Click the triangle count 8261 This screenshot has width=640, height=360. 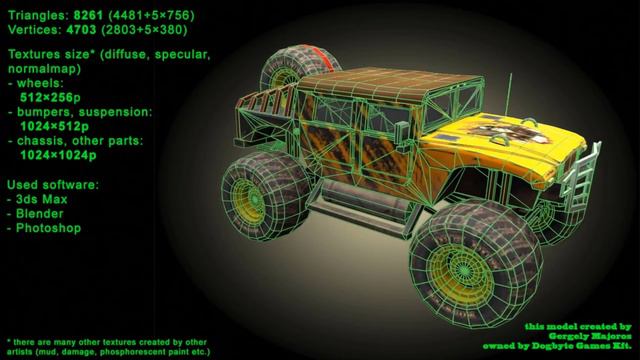pyautogui.click(x=88, y=16)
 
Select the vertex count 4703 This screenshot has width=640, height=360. pyautogui.click(x=81, y=30)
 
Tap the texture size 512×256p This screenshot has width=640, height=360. pyautogui.click(x=50, y=98)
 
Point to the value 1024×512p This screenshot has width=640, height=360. pyautogui.click(x=54, y=127)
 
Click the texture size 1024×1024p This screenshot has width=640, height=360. pyautogui.click(x=58, y=155)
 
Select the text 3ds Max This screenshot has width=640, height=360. pyautogui.click(x=42, y=199)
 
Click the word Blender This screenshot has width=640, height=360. pyautogui.click(x=40, y=213)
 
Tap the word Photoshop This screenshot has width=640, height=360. pyautogui.click(x=48, y=228)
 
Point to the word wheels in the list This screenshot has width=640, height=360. pyautogui.click(x=40, y=83)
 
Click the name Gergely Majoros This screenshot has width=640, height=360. pyautogui.click(x=589, y=336)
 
